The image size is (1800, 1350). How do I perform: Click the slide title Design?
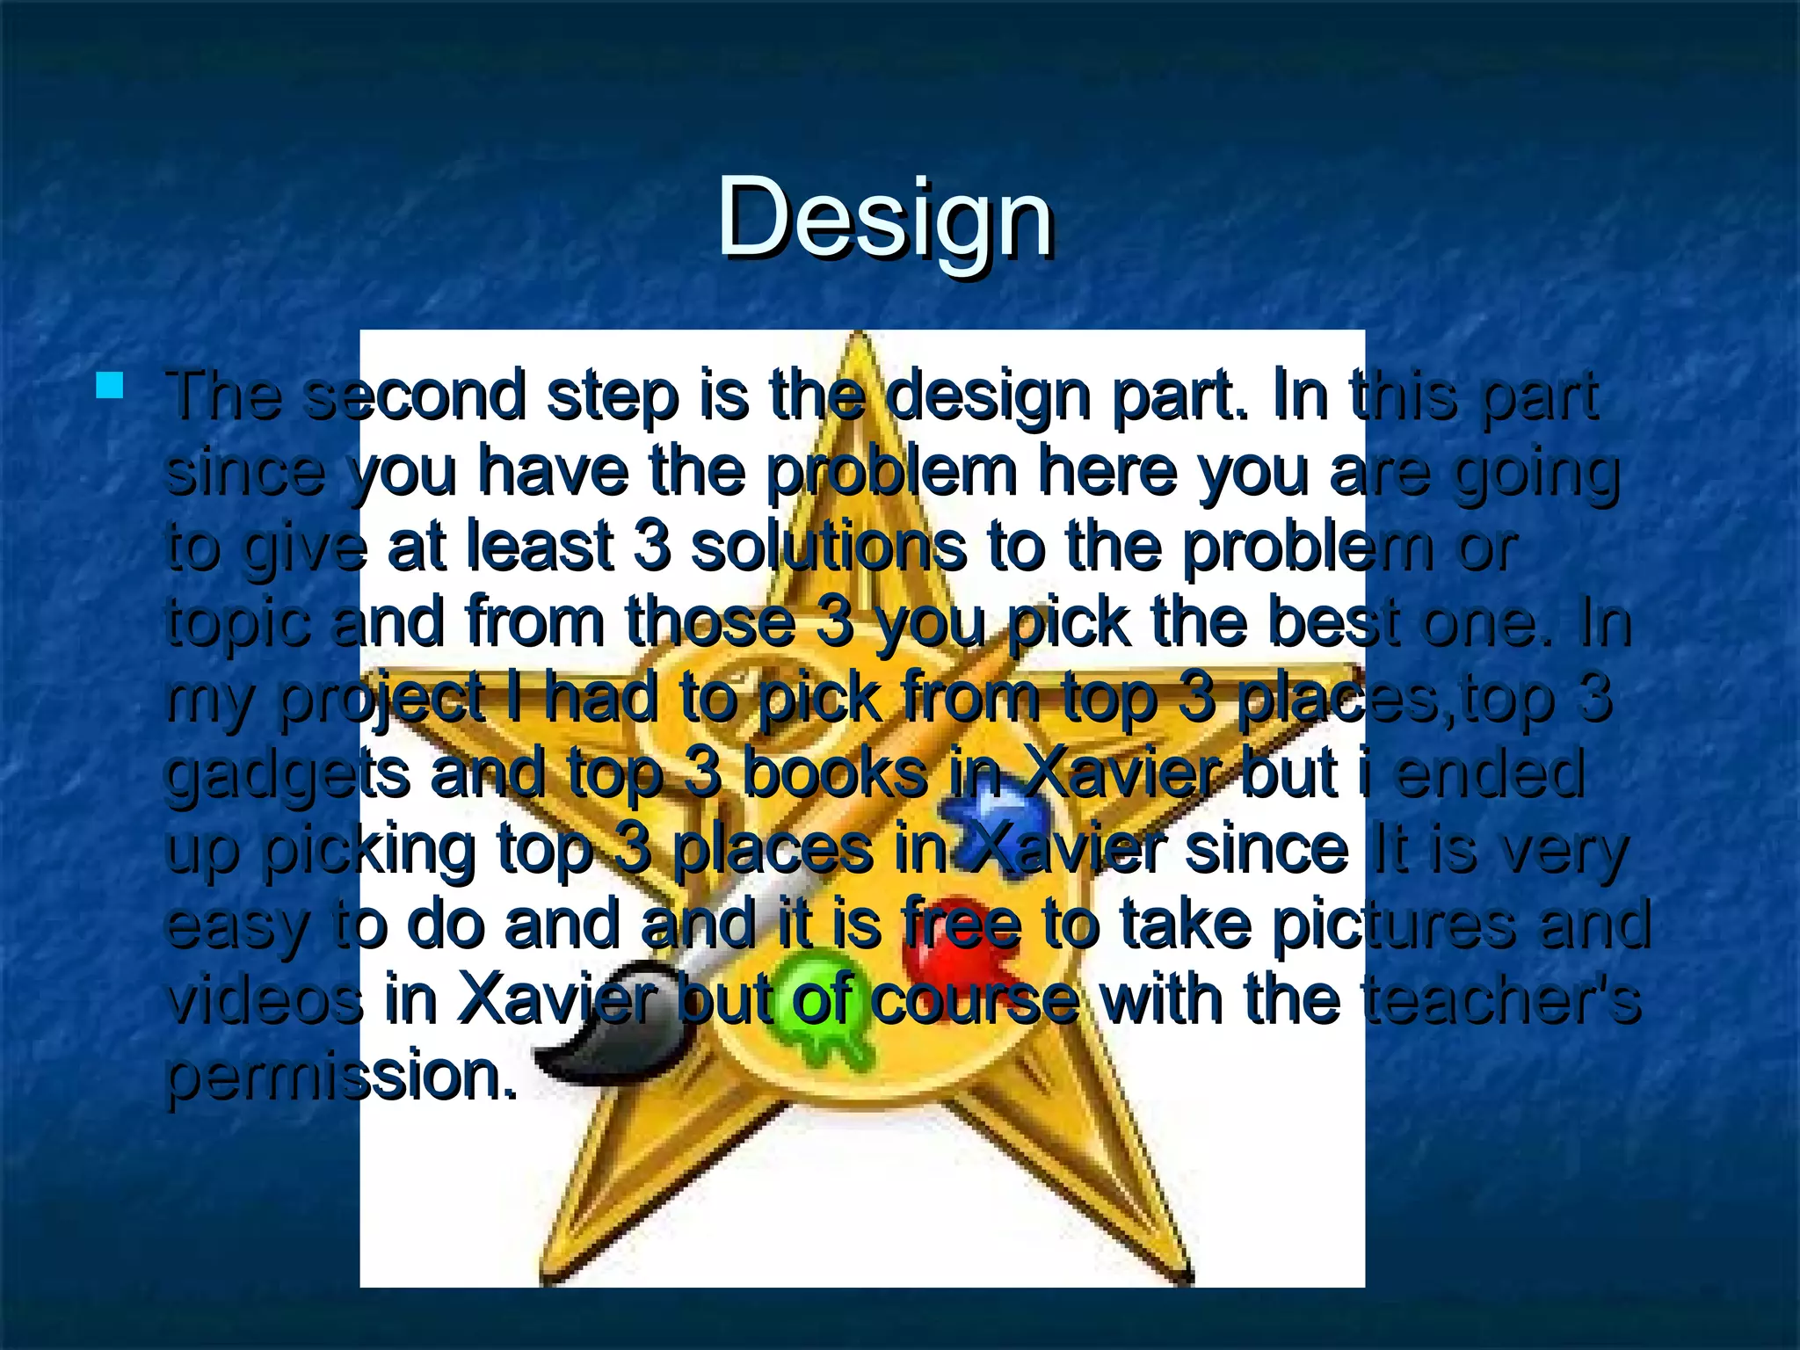[885, 217]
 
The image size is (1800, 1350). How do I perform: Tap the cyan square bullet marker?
[110, 386]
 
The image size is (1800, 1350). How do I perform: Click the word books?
[835, 773]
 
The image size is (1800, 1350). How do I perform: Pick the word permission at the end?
[341, 1076]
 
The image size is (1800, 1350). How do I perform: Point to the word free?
[962, 925]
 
